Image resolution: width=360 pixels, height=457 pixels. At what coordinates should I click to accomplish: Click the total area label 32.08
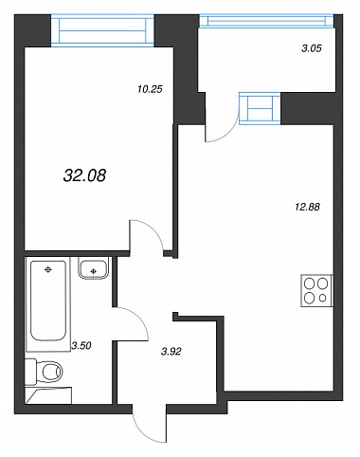(x=84, y=175)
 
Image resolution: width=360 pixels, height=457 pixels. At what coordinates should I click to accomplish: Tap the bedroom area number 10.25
(x=150, y=89)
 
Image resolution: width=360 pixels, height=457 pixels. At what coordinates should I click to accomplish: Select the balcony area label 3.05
(x=312, y=48)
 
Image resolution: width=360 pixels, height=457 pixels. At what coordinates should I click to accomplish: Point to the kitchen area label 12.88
(x=307, y=207)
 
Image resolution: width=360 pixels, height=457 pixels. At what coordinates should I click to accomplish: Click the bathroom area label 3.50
(x=81, y=346)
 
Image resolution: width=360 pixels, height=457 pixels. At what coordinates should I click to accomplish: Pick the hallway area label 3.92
(x=171, y=352)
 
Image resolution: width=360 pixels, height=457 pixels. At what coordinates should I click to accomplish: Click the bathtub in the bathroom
(x=48, y=301)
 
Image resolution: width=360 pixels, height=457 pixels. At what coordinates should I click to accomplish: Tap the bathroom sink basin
(x=93, y=268)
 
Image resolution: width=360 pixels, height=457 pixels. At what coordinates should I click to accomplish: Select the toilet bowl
(x=50, y=371)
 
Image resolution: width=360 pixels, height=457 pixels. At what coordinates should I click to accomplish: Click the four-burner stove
(x=316, y=290)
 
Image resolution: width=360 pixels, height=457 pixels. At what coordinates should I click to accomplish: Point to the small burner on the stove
(x=322, y=298)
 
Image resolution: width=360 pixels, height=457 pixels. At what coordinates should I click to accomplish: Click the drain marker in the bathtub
(x=48, y=269)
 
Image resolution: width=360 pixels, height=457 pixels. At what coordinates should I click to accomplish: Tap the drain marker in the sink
(x=93, y=271)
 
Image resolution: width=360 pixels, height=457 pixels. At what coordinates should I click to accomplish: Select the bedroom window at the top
(x=102, y=30)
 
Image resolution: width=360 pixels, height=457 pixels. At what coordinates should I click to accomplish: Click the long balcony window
(x=266, y=21)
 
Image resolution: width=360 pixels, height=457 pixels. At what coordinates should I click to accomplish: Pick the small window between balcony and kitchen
(x=260, y=108)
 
